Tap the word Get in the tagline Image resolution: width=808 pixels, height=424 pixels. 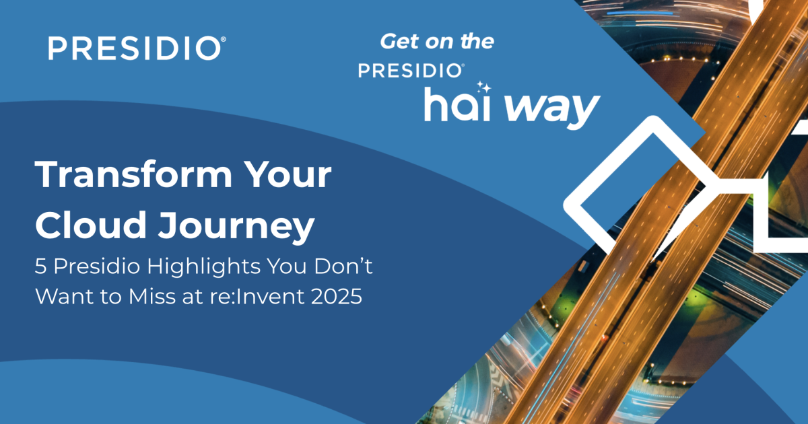tap(400, 42)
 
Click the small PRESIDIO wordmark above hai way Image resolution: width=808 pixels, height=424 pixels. tap(411, 71)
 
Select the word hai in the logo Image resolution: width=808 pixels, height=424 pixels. tap(457, 104)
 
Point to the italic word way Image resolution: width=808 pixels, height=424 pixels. tap(552, 109)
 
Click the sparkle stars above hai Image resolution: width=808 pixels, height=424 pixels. tap(483, 87)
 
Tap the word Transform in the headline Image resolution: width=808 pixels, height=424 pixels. tap(133, 174)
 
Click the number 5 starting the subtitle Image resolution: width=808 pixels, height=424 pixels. tap(41, 267)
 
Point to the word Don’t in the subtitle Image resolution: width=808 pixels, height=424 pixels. tap(343, 266)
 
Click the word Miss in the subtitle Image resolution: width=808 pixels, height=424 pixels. tap(152, 296)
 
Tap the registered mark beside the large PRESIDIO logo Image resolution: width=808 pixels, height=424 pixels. tap(224, 39)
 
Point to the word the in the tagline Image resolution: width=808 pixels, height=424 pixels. tap(477, 42)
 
